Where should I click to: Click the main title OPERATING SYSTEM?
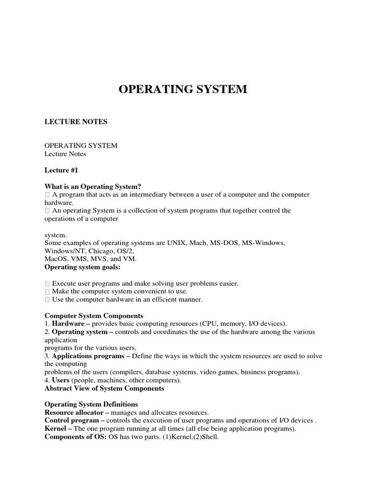tap(183, 89)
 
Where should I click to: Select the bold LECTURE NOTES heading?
tap(76, 122)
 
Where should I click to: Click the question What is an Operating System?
tap(93, 187)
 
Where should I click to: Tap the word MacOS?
tap(55, 259)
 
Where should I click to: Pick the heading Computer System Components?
tap(94, 316)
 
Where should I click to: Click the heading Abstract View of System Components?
tap(104, 388)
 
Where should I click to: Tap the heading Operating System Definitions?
tap(91, 405)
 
